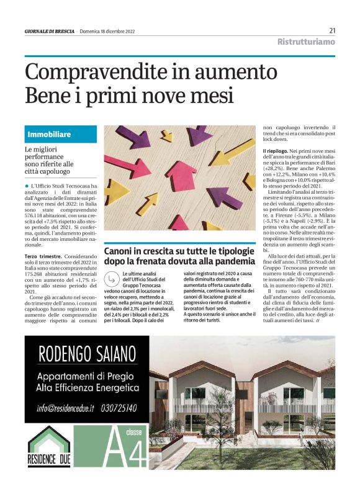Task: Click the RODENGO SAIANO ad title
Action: (88, 354)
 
